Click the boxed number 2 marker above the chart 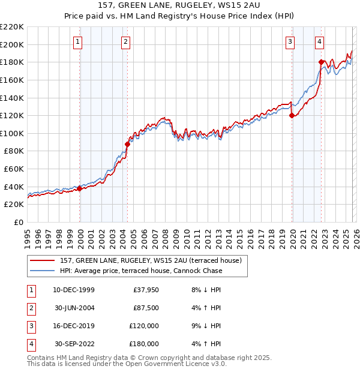tap(125, 41)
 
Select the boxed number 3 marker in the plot tap(290, 41)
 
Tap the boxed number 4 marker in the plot tap(320, 41)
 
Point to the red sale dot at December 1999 tap(80, 188)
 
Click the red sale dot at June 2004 tap(128, 144)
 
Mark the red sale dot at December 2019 tap(292, 115)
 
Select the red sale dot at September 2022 tap(322, 62)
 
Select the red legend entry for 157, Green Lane tap(150, 260)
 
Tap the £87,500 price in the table tap(146, 308)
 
